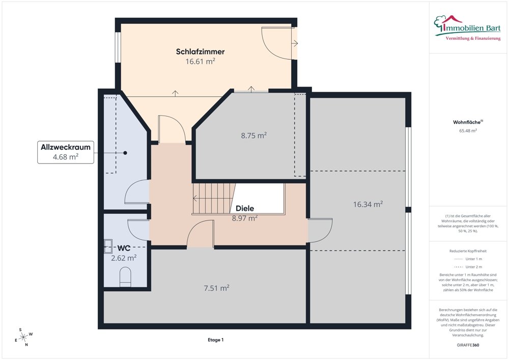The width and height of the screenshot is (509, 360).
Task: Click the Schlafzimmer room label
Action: point(200,51)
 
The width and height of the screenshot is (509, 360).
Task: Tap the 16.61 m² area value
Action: point(200,61)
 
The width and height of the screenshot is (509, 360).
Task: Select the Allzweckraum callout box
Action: point(66,152)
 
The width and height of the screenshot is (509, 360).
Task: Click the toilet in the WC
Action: point(125,277)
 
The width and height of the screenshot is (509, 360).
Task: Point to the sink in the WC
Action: point(108,246)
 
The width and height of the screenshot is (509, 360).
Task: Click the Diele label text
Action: point(245,208)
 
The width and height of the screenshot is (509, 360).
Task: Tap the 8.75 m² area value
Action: point(254,135)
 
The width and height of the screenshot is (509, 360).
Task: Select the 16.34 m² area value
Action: point(368,204)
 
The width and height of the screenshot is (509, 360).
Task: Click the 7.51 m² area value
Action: point(216,288)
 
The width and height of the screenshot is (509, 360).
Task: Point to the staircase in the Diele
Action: point(214,199)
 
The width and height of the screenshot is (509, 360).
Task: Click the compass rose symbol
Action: point(24,337)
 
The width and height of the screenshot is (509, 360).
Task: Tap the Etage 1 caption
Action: point(215,340)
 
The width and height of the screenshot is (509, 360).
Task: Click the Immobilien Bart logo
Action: point(467,28)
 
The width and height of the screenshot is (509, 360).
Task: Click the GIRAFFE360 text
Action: point(468,345)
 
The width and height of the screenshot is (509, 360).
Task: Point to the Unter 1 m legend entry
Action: point(468,259)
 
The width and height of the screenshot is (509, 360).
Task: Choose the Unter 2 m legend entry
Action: point(468,267)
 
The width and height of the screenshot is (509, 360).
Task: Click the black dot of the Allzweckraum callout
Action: point(125,153)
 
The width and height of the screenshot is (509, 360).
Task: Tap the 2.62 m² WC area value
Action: point(124,258)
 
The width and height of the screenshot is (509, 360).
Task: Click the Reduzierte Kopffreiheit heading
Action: point(468,251)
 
